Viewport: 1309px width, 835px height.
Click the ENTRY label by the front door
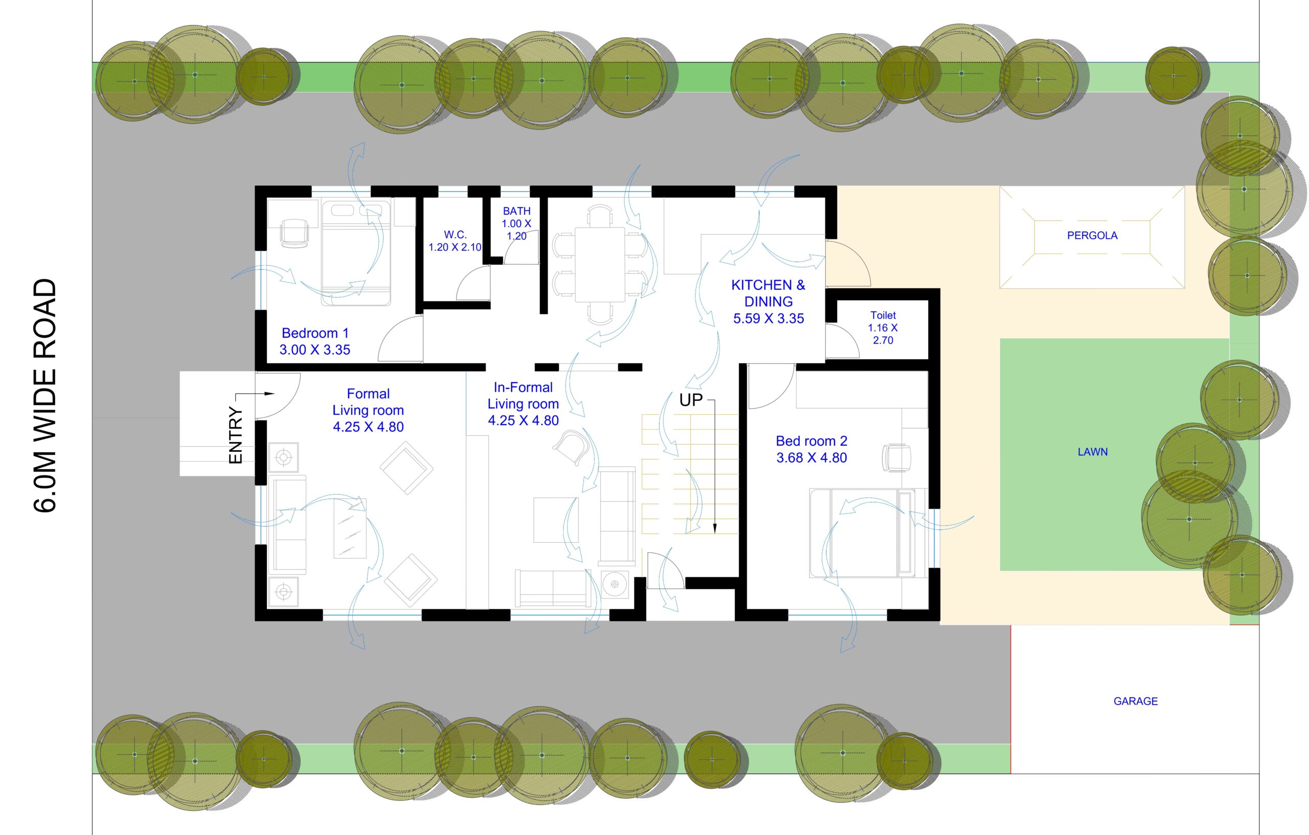point(235,435)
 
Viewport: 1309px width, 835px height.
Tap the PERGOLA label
point(1092,235)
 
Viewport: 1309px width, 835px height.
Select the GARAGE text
point(1136,701)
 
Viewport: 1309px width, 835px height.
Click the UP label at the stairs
point(691,401)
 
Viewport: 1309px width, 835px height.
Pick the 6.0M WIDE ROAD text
point(45,396)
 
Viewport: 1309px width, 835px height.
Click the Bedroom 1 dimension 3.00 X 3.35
point(315,350)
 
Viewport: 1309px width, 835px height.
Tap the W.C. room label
point(456,235)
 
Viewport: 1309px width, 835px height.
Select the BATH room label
point(516,211)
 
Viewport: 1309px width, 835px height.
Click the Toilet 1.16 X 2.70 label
point(883,328)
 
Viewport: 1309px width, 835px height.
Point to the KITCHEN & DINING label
point(768,293)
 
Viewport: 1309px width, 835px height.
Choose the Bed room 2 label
point(811,441)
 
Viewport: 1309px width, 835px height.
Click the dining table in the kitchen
point(600,265)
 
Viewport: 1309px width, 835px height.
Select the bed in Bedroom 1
point(356,252)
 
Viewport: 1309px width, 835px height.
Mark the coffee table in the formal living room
point(350,528)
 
